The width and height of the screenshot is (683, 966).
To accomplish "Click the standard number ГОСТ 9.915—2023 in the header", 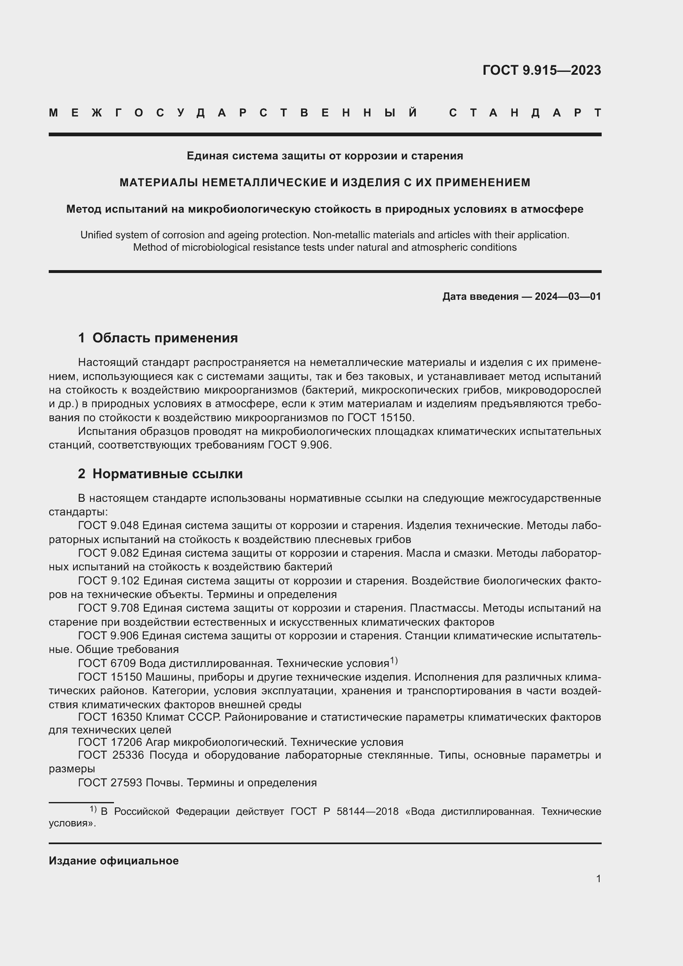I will (x=541, y=70).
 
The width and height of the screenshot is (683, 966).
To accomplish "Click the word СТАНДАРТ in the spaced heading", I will (x=525, y=113).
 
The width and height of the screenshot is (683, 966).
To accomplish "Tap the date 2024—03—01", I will (x=567, y=297).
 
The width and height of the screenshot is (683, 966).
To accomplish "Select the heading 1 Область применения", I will (x=158, y=338).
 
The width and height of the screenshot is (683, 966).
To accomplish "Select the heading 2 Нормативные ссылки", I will (x=160, y=474).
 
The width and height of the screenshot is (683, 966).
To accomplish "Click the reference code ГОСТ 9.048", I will (x=109, y=525).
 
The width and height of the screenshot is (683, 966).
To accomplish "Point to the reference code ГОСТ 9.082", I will (x=109, y=553).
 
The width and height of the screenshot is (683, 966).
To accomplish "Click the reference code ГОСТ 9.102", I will (x=109, y=581).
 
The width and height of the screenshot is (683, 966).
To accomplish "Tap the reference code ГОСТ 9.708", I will (x=109, y=608).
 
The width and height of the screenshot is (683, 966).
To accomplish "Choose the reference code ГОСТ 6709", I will (x=107, y=664).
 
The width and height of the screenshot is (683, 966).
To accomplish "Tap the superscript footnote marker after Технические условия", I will (x=393, y=660).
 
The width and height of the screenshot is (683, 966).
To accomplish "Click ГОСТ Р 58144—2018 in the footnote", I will (x=344, y=811).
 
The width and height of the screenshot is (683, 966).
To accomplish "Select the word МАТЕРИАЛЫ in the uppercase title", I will (x=159, y=182).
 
